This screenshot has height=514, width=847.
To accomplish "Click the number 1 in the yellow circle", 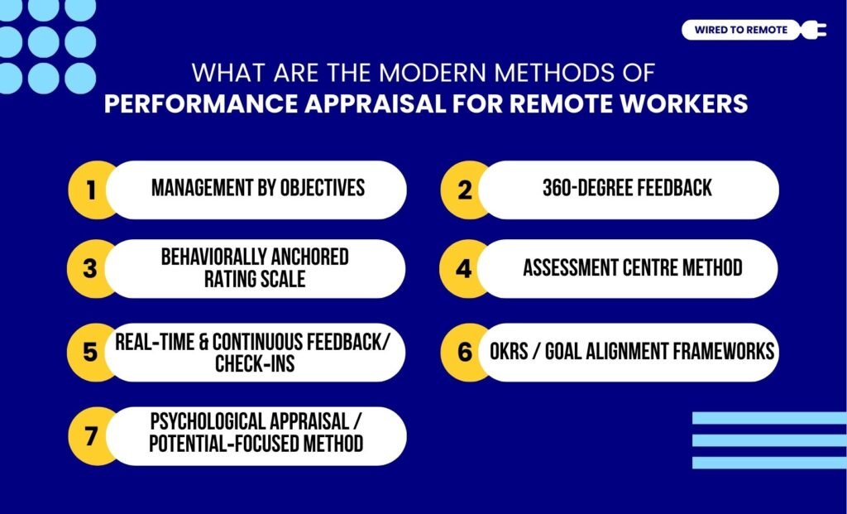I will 91,190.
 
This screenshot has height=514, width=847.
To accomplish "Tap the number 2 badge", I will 465,190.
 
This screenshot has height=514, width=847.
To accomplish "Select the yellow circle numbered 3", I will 91,269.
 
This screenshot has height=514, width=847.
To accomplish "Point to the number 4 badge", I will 465,269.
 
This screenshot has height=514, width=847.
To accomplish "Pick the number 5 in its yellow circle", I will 91,352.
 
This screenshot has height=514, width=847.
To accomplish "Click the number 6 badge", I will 465,352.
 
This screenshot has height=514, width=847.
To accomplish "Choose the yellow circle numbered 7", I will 91,435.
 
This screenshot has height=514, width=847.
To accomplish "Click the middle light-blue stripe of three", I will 768,440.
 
